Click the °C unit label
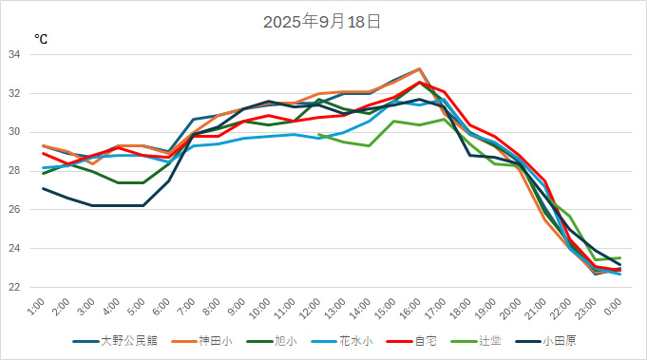(42, 39)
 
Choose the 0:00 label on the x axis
(615, 309)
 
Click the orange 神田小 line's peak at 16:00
(420, 69)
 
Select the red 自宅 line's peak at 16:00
(420, 83)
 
